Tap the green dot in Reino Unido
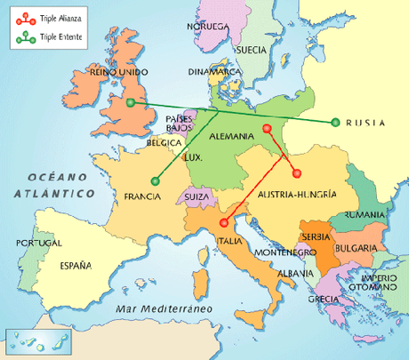(131, 103)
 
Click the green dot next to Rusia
(334, 123)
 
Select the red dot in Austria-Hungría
(297, 172)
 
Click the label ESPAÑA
(76, 264)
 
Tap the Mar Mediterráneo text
(166, 308)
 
